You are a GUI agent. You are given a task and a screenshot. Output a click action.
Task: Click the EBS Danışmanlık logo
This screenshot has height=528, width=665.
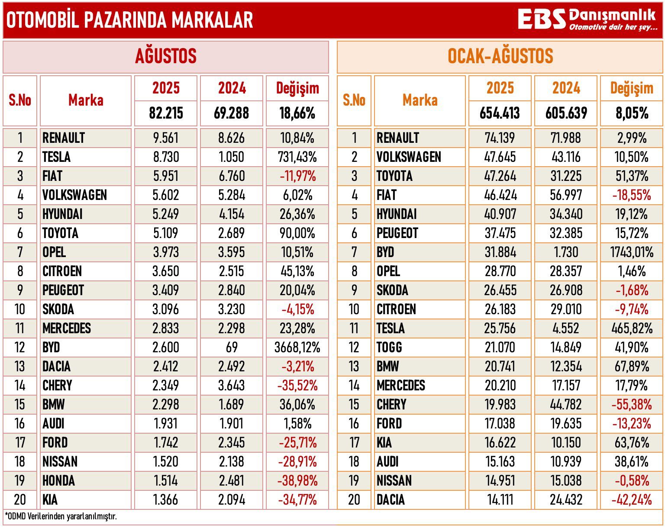tap(587, 19)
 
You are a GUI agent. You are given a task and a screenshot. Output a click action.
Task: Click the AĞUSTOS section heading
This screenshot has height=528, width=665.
tap(166, 56)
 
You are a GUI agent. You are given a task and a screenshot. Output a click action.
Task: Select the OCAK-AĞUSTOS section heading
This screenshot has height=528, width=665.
tap(500, 56)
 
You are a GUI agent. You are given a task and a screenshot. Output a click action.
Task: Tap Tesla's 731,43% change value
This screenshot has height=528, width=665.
tap(297, 157)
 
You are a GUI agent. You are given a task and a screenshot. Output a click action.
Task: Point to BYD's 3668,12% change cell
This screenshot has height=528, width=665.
tap(297, 347)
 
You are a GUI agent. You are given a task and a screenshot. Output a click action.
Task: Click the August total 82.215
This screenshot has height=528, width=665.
tap(166, 113)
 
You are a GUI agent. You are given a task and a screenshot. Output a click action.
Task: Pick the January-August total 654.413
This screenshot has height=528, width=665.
tap(500, 113)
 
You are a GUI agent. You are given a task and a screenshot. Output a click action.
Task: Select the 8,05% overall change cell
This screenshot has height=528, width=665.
tap(632, 113)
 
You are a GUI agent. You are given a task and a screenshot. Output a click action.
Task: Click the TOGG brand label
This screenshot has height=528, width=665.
tap(389, 347)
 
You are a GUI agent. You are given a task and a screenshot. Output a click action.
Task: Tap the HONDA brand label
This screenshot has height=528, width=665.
tap(58, 480)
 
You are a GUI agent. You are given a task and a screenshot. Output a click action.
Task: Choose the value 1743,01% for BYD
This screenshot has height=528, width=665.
tap(632, 252)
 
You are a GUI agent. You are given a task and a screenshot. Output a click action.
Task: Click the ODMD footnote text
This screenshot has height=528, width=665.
tap(61, 516)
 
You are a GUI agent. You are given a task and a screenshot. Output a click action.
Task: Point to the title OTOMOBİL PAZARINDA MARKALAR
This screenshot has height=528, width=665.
tap(129, 20)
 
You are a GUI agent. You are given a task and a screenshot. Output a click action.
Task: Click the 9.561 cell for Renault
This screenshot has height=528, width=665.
tap(166, 138)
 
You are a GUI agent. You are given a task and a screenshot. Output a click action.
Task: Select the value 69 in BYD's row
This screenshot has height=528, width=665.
tap(232, 347)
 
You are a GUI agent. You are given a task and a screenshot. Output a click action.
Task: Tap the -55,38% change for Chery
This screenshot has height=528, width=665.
tap(632, 404)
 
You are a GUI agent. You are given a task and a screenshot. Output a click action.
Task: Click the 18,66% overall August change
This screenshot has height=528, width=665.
tap(297, 113)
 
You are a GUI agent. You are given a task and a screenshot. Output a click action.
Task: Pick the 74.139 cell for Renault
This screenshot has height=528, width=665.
tap(500, 138)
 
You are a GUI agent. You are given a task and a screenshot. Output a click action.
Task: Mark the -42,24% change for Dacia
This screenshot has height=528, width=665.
tap(632, 499)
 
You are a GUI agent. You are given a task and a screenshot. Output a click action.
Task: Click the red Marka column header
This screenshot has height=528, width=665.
tap(86, 100)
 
